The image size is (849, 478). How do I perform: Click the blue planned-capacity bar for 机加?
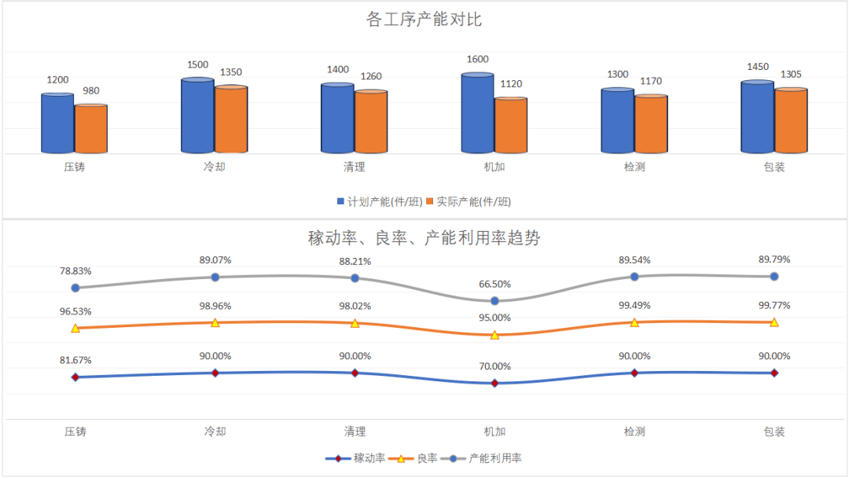(x=477, y=114)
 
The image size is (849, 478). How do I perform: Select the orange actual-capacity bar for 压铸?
(x=91, y=129)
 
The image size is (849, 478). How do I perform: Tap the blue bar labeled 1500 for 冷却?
(x=197, y=116)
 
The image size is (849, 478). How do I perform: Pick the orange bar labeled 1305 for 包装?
(x=791, y=121)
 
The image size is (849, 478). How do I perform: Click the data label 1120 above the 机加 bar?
(x=510, y=84)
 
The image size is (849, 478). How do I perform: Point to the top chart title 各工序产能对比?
(x=424, y=20)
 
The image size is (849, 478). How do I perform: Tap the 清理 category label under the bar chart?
(x=355, y=167)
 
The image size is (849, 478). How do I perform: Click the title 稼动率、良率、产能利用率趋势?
(x=424, y=237)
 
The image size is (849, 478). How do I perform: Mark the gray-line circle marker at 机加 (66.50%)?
(x=494, y=301)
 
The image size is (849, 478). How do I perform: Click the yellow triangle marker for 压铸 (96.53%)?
(x=75, y=328)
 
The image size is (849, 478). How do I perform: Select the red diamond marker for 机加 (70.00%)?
(x=494, y=384)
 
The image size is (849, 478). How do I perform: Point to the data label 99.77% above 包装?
(x=774, y=306)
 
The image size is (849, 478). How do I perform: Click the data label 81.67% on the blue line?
(x=75, y=360)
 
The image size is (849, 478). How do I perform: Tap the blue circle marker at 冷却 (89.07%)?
(x=215, y=277)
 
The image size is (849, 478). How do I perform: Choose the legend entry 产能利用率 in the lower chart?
(x=494, y=458)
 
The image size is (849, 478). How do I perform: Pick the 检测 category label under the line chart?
(x=634, y=432)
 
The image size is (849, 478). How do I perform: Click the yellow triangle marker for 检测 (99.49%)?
(x=634, y=322)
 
